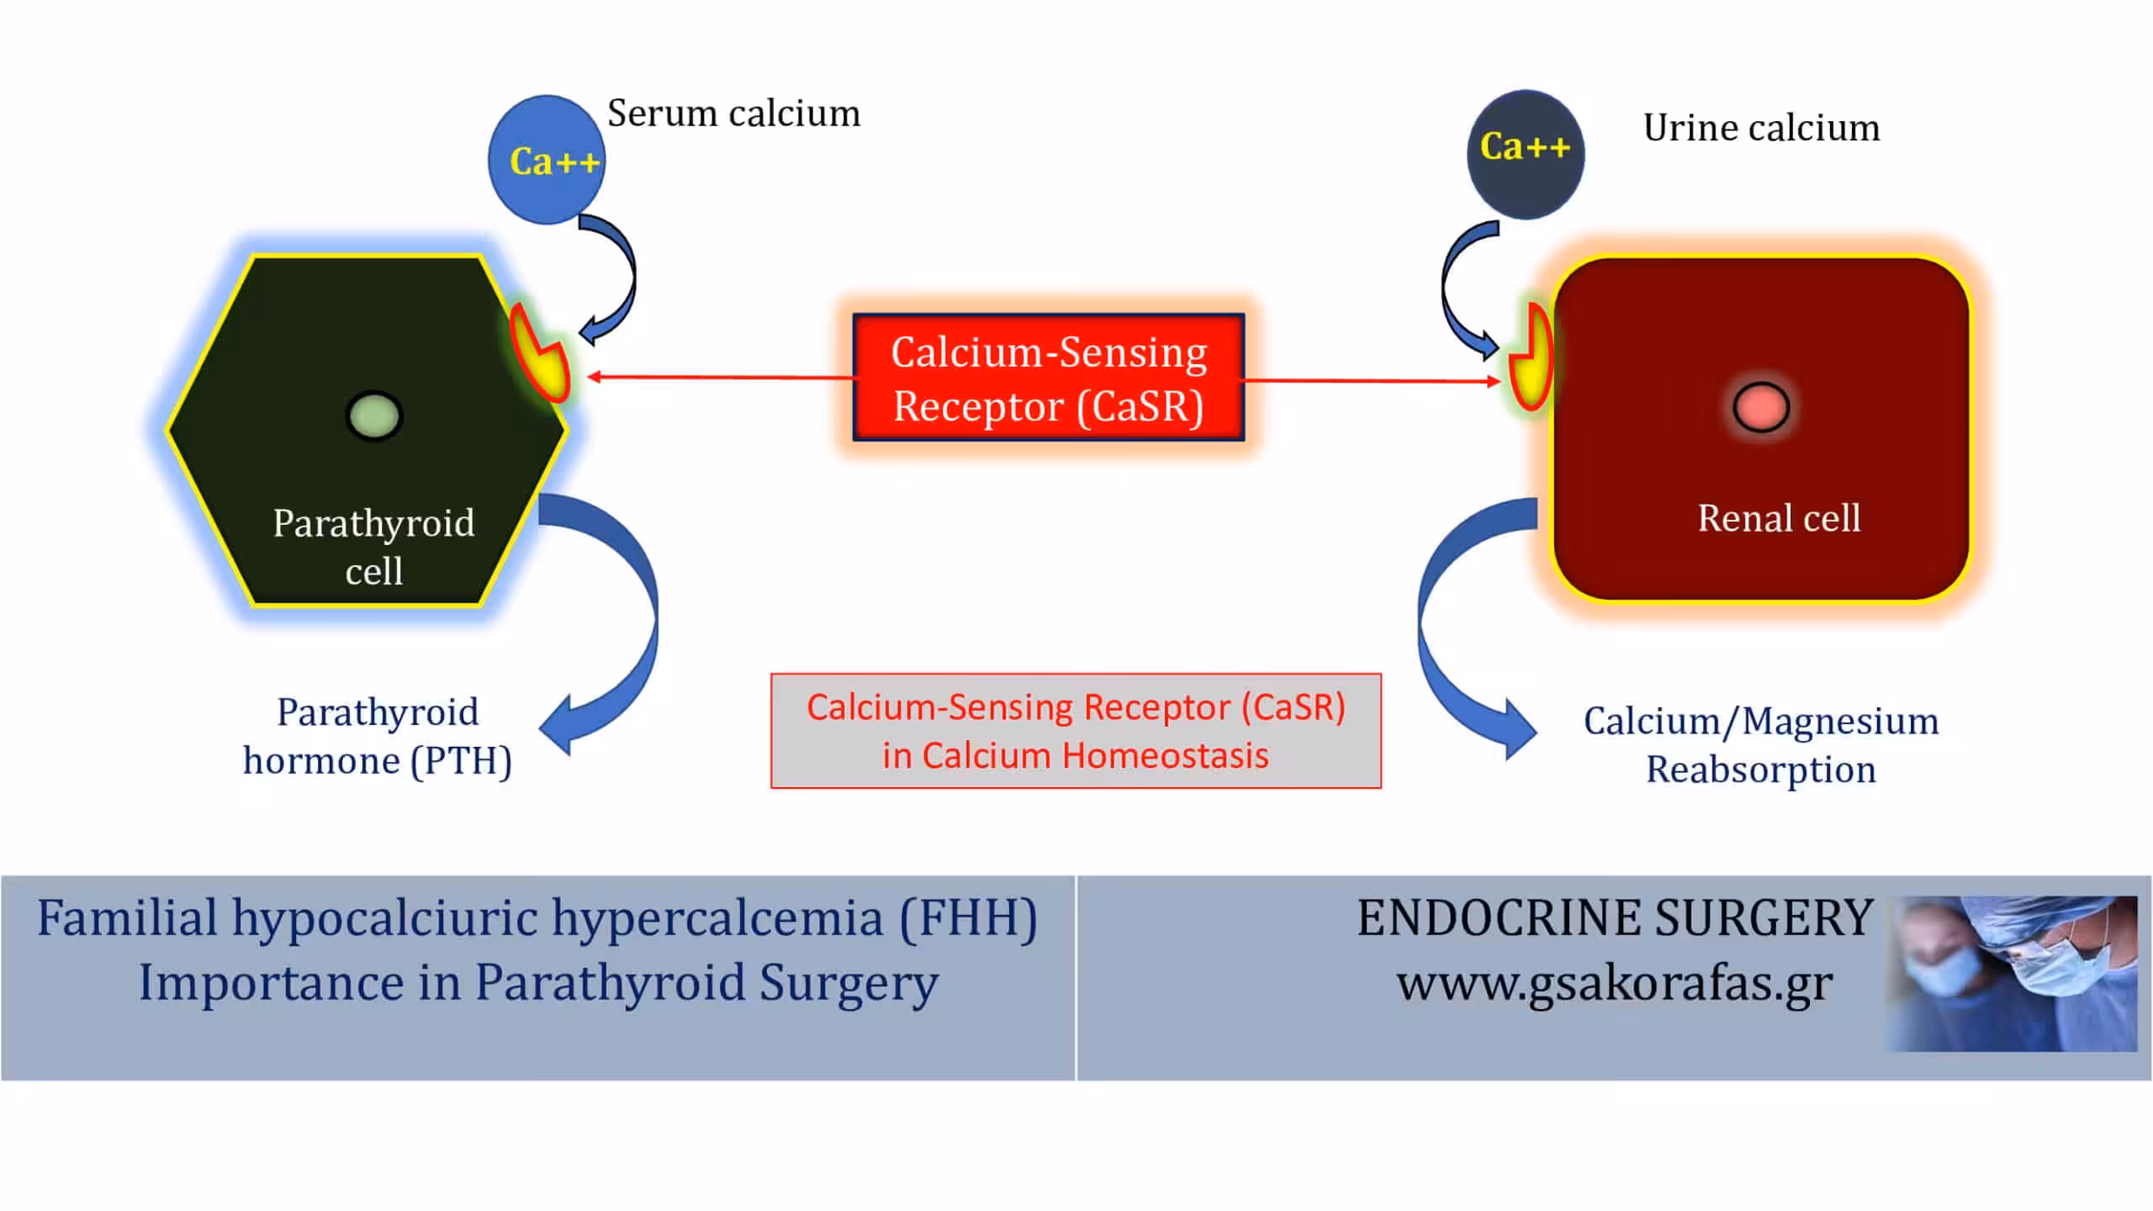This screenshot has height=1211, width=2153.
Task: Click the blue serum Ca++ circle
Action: click(x=547, y=160)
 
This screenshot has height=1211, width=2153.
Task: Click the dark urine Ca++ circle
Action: click(x=1526, y=155)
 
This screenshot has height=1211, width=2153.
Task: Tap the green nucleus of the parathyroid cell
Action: click(x=374, y=416)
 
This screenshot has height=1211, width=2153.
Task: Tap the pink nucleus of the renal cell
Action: click(x=1761, y=407)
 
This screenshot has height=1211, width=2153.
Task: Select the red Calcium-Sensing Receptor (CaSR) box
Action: click(x=1049, y=378)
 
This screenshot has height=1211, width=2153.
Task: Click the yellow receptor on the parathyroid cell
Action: click(x=540, y=353)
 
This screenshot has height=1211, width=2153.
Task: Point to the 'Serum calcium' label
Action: click(x=734, y=114)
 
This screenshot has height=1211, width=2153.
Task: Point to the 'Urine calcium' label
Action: click(x=1762, y=128)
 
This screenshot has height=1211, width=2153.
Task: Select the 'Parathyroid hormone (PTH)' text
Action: click(x=378, y=737)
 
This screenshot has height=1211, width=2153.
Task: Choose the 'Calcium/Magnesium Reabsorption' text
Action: click(x=1761, y=745)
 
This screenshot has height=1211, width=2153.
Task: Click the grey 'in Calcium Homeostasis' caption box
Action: click(x=1076, y=731)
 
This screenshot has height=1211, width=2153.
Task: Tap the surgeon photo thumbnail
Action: click(x=2012, y=974)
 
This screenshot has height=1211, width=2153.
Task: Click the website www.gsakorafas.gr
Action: click(x=1615, y=983)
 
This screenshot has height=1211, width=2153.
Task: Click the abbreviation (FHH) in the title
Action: click(x=969, y=918)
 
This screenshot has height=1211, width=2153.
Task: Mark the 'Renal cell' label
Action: click(x=1779, y=518)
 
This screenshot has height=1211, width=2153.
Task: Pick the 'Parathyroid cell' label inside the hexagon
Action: click(x=374, y=547)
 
